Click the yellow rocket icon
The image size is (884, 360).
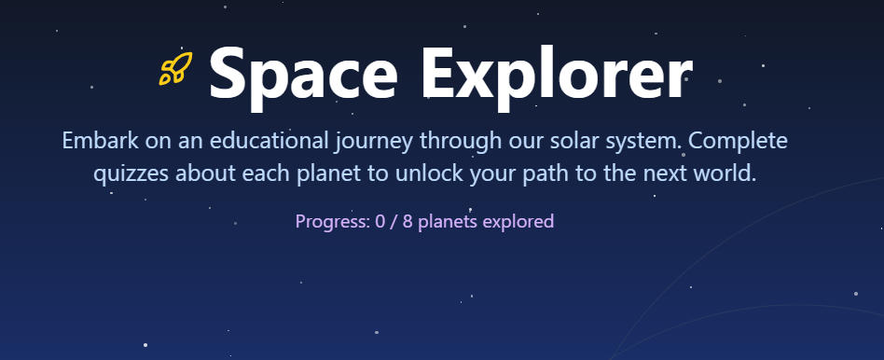[x=175, y=68]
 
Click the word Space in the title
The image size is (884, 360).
[x=303, y=75]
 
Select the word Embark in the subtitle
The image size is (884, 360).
[x=100, y=141]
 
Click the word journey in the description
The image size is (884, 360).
[x=373, y=142]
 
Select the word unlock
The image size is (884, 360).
[x=430, y=173]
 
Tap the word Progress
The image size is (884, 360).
[x=333, y=222]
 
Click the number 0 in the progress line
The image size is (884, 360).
[x=380, y=221]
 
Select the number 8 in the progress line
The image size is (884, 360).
[x=407, y=221]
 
